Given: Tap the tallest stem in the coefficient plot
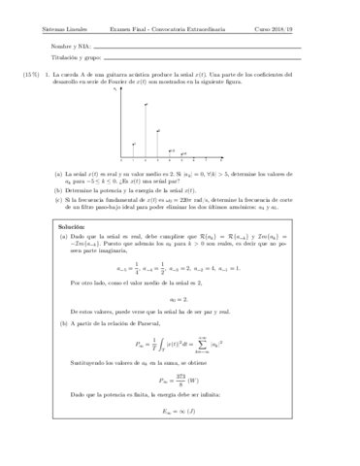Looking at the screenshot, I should (x=146, y=129).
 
